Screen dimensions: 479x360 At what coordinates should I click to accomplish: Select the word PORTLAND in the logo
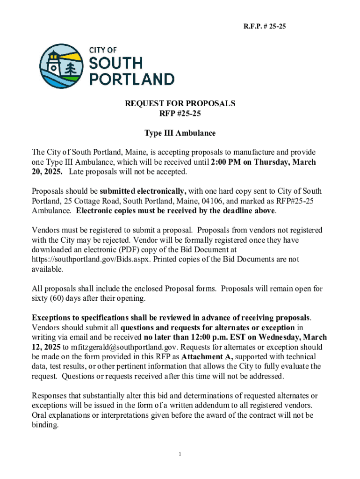point(131,78)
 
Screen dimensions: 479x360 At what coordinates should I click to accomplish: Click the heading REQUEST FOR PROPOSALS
point(180,103)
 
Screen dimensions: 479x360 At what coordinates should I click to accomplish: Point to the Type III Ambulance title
point(180,133)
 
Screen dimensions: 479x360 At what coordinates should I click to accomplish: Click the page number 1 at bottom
point(180,454)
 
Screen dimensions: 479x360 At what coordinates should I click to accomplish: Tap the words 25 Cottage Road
point(87,201)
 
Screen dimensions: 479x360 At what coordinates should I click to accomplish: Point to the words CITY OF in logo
point(103,50)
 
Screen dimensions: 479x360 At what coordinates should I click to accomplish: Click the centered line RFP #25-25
point(180,113)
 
